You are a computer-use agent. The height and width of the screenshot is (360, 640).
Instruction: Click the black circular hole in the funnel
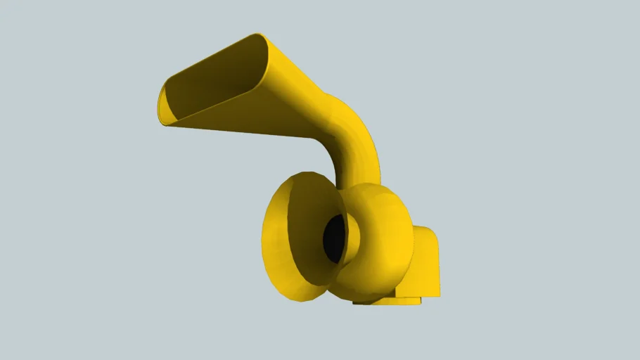334,236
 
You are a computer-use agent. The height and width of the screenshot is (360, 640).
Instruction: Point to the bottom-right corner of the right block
439,294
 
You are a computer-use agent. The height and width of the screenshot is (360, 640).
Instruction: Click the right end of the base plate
419,300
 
